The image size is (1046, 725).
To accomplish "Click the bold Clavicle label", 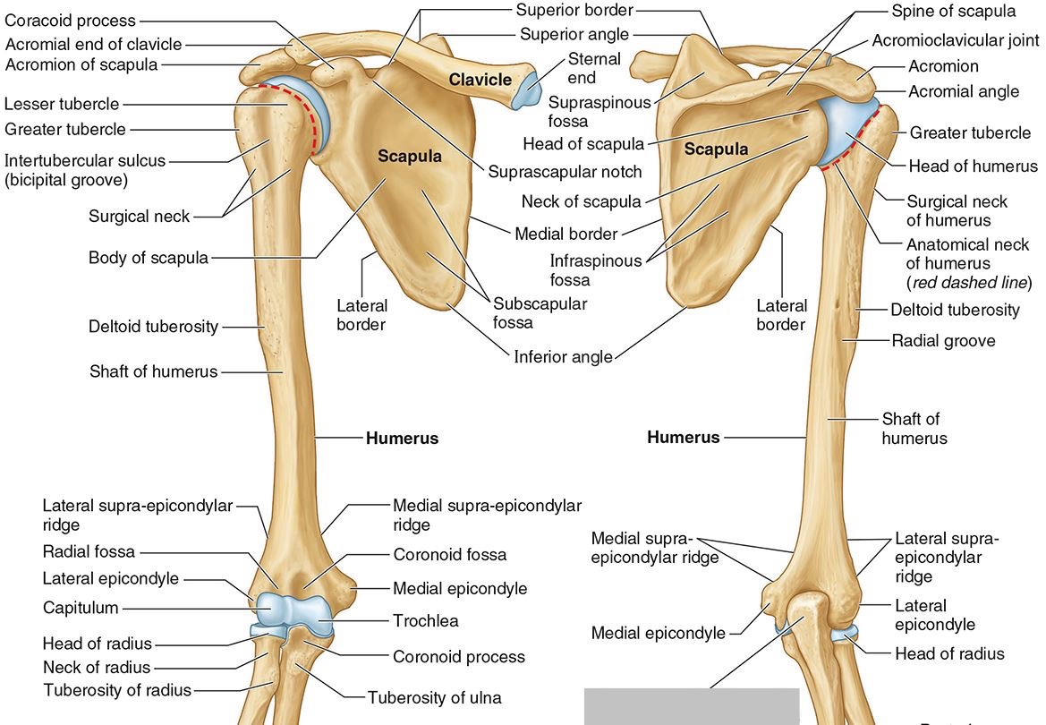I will pyautogui.click(x=480, y=80).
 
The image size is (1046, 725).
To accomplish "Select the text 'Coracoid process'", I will pyautogui.click(x=71, y=21).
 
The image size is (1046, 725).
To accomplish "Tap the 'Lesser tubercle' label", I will pyautogui.click(x=62, y=105).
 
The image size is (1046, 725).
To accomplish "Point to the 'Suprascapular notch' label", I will pyautogui.click(x=565, y=171).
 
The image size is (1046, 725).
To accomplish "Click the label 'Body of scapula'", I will pyautogui.click(x=149, y=259).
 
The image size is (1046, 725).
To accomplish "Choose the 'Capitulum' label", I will pyautogui.click(x=81, y=608).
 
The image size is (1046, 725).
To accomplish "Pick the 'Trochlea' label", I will pyautogui.click(x=426, y=620).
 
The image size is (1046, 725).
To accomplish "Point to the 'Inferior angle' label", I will pyautogui.click(x=563, y=356).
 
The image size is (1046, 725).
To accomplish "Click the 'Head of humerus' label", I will pyautogui.click(x=973, y=166).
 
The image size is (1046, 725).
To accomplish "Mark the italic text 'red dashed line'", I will pyautogui.click(x=968, y=283).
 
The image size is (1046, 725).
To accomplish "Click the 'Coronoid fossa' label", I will pyautogui.click(x=449, y=554).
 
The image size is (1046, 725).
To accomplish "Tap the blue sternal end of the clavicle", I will pyautogui.click(x=525, y=90).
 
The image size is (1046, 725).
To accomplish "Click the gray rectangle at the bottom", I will pyautogui.click(x=691, y=706).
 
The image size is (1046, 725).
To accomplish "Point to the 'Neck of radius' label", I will pyautogui.click(x=97, y=667).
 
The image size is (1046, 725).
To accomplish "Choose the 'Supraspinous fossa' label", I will pyautogui.click(x=600, y=112).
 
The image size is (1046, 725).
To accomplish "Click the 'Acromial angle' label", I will pyautogui.click(x=964, y=91).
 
